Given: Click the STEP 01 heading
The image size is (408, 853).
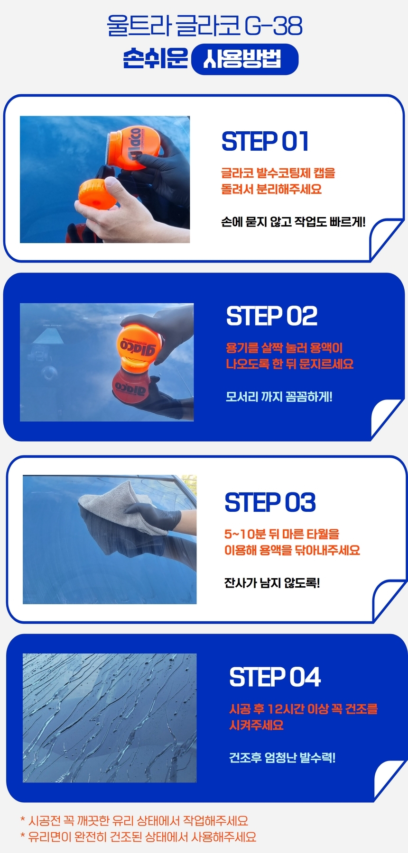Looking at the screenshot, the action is tap(265, 141).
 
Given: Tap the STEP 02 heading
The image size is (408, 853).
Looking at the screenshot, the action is tap(272, 316).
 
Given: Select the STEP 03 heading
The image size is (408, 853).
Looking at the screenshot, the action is tap(270, 502).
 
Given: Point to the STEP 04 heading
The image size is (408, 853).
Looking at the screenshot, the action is tap(275, 677).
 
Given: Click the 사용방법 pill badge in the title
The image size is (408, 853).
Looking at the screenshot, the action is tap(244, 59).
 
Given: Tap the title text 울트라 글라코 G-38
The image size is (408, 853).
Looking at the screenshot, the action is tap(204, 26).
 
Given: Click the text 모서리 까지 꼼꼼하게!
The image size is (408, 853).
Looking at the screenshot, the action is tap(279, 396).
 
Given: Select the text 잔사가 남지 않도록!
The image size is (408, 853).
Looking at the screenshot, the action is tap(272, 582).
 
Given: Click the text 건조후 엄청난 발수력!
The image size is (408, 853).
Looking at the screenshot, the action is tap(282, 757).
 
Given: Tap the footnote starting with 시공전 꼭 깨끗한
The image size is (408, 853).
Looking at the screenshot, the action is tap(134, 821).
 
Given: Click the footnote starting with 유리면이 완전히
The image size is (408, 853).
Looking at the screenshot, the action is tap(138, 837).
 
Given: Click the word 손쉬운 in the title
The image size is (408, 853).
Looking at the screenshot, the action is tap(156, 59).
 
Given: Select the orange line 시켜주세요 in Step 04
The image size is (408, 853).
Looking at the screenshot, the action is tap(256, 725).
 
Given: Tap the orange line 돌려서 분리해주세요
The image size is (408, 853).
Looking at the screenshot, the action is tap(271, 189).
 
